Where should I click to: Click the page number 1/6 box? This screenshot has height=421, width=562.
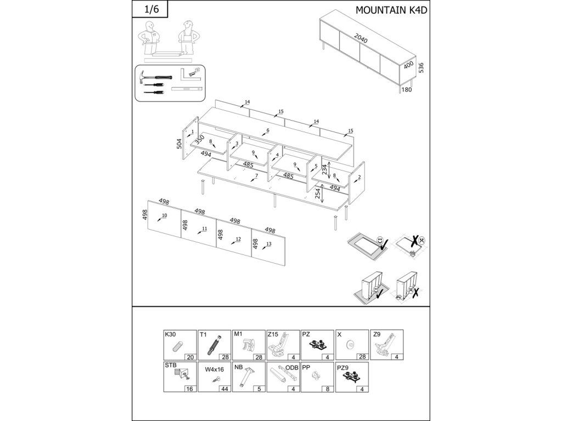(x=150, y=9)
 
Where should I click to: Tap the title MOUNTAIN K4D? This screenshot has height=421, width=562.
(x=391, y=10)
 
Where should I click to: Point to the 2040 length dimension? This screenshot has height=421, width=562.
(x=361, y=38)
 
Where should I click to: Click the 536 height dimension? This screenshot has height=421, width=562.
(x=421, y=67)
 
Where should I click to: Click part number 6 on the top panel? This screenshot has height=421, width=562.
(x=267, y=130)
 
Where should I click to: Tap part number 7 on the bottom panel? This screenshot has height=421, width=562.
(x=256, y=176)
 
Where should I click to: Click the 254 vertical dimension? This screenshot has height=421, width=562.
(x=318, y=194)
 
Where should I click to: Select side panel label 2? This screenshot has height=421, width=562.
(x=359, y=177)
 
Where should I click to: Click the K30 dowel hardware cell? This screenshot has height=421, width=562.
(x=180, y=345)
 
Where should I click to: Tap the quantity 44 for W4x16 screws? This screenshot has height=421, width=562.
(x=224, y=389)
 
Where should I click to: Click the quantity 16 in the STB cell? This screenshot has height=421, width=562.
(x=190, y=389)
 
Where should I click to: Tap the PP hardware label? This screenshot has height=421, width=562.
(x=306, y=367)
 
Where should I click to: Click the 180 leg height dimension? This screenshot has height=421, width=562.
(x=407, y=89)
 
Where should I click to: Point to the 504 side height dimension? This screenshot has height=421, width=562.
(x=179, y=144)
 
